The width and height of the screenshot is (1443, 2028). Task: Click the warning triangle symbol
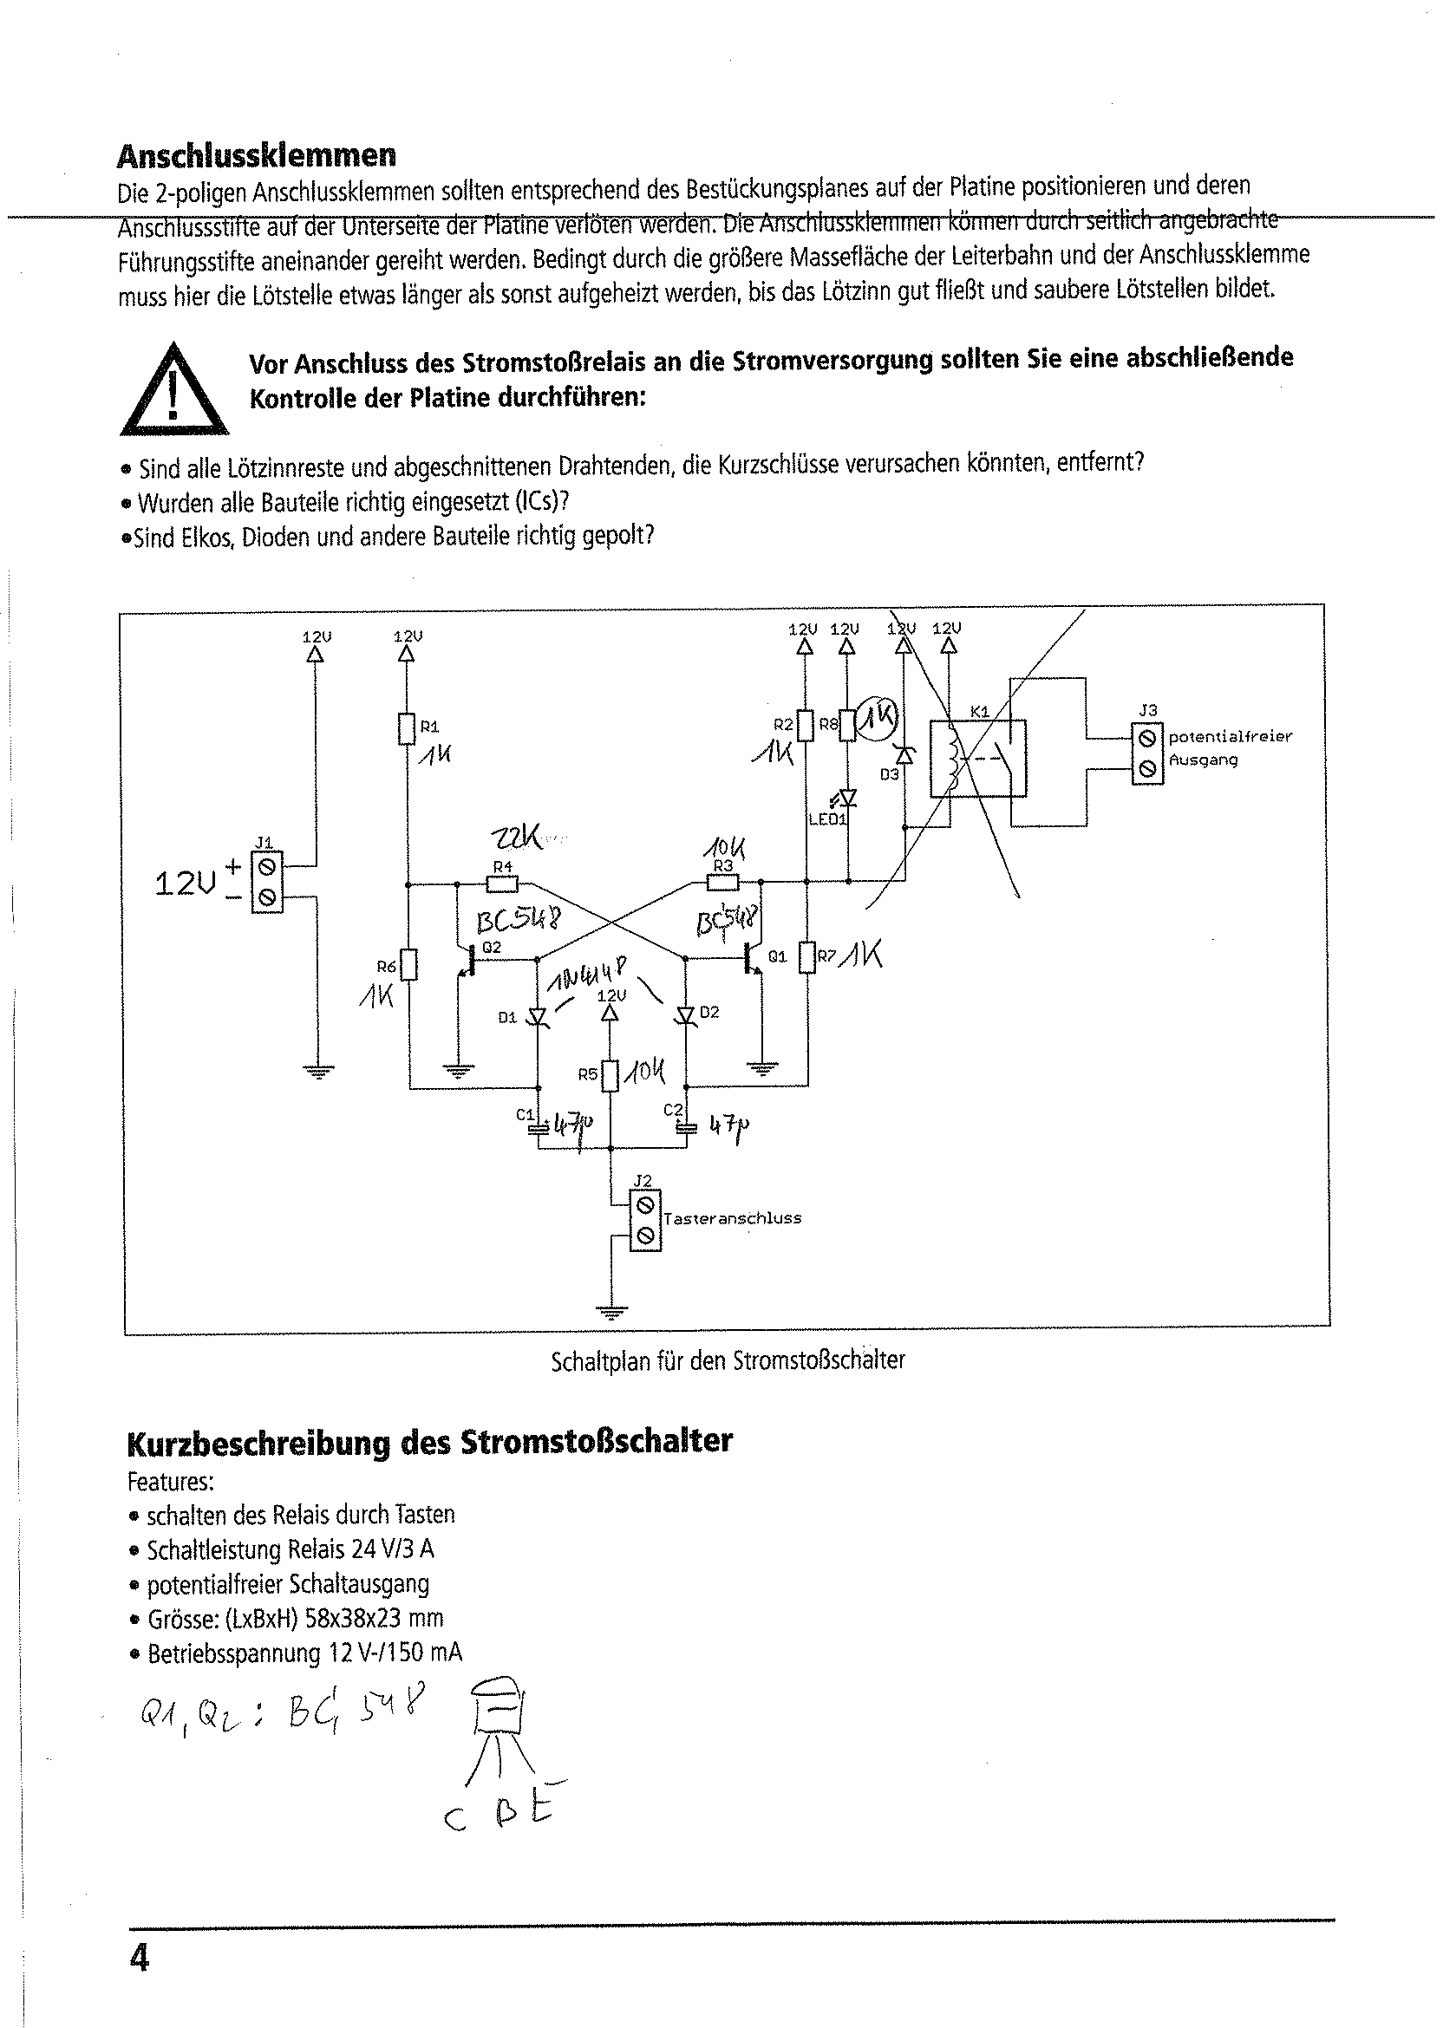tap(173, 392)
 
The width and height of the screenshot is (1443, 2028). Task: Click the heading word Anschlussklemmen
tap(256, 156)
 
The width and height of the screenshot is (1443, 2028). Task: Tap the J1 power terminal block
tap(267, 882)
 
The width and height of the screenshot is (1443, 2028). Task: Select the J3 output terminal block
tap(1146, 753)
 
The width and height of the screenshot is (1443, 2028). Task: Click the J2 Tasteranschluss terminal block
tap(645, 1221)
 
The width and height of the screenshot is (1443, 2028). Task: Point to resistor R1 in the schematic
tap(407, 728)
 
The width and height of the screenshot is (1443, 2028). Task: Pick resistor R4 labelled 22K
tap(502, 884)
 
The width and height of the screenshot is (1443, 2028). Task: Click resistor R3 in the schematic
tap(722, 882)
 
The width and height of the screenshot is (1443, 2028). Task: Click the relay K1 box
tap(977, 758)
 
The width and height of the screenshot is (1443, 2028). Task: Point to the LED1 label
tap(826, 819)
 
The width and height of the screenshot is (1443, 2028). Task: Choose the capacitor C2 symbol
tap(685, 1128)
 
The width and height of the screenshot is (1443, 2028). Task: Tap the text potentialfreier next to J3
tap(1230, 736)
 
